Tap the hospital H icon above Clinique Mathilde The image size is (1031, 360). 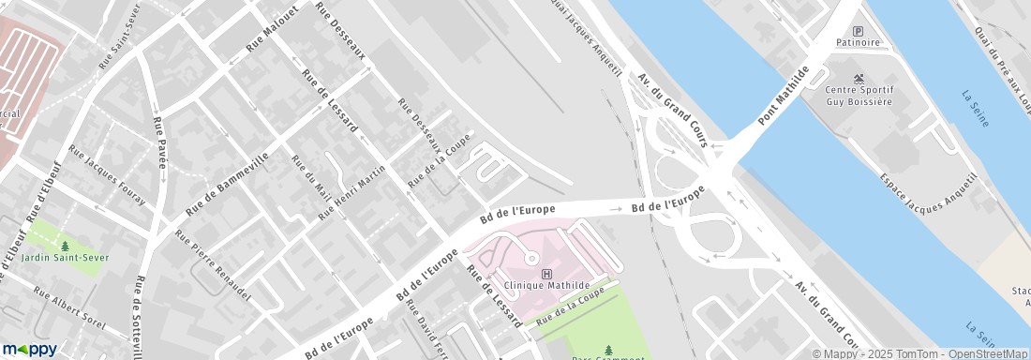click(x=546, y=273)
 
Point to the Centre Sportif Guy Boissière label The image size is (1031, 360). click(x=859, y=96)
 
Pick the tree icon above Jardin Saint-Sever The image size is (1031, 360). click(x=65, y=246)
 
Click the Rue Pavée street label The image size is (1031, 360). click(x=160, y=142)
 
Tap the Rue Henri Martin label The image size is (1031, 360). click(x=351, y=192)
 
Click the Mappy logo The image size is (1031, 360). click(x=29, y=350)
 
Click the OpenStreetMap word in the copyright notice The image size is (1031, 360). click(x=990, y=353)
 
